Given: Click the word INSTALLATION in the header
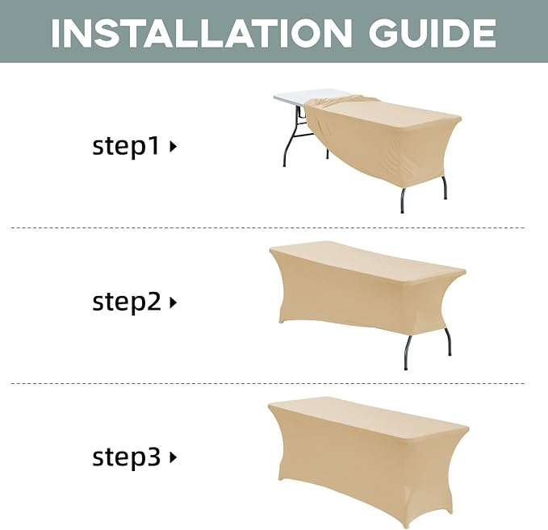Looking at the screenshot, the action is click(201, 33).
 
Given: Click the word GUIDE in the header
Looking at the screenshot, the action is click(432, 33).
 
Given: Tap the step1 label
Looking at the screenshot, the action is click(125, 146).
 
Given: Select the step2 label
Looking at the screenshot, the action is click(126, 302).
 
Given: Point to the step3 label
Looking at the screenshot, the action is click(126, 457).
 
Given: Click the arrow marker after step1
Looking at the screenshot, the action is click(173, 147).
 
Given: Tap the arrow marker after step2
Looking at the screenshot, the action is click(173, 303).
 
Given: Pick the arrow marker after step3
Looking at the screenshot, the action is click(173, 457).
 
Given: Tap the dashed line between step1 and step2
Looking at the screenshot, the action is click(268, 227).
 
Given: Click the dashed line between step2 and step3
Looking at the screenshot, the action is click(268, 383).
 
